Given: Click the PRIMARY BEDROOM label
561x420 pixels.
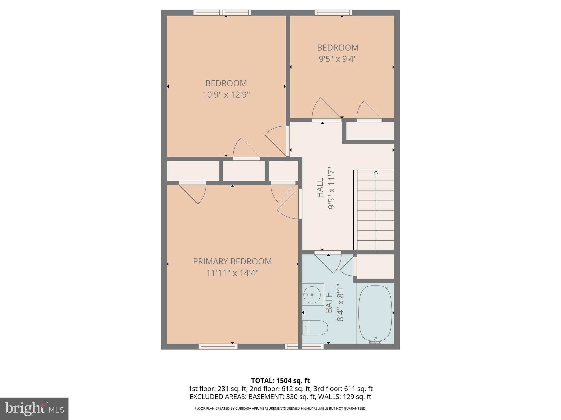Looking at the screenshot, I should pos(232,261).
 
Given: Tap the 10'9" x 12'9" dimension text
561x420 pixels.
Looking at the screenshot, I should pos(226,95).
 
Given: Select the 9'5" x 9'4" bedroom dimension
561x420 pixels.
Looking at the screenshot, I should pos(337,59).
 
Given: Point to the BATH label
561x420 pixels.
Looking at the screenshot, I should pos(329,302).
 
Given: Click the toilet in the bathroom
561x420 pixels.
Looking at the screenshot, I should pos(316,328).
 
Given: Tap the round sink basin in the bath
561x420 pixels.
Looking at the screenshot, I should pos(312,295).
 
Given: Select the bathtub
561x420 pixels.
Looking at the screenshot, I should pos(375,313).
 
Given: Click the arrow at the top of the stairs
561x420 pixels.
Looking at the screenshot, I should pos(376,173).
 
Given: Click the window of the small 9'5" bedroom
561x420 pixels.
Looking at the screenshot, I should pos(333,12).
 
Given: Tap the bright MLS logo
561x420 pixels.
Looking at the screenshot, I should pos(34,408).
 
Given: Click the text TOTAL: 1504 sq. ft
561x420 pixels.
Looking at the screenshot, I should pos(280,381).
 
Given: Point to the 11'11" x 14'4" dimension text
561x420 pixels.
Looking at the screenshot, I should pos(232,273).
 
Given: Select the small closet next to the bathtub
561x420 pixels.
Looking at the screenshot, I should pos(375,266).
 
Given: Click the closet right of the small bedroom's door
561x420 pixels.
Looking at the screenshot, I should pos(370,131).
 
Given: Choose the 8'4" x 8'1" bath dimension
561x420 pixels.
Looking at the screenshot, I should pos(340,302).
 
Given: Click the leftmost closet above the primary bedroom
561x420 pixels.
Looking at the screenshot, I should pos(193,171).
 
